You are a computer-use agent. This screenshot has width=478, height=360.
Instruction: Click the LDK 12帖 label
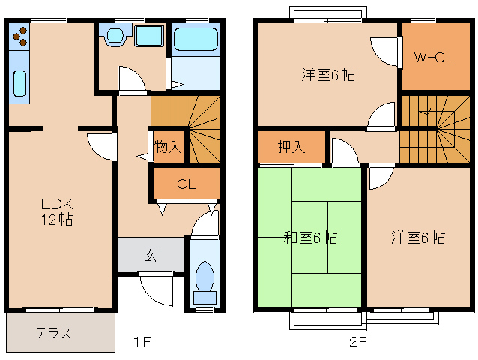(56, 211)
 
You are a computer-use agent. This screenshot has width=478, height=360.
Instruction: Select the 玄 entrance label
(150, 255)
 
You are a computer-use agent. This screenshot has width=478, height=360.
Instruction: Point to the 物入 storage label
(167, 146)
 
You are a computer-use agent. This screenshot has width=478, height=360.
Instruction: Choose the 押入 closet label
(291, 147)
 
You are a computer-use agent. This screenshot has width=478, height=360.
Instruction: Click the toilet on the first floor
(204, 279)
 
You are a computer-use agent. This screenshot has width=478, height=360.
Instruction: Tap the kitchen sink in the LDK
(19, 83)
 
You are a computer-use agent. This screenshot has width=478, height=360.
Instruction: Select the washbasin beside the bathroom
(116, 36)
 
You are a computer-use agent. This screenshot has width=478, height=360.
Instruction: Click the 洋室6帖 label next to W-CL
(328, 75)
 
